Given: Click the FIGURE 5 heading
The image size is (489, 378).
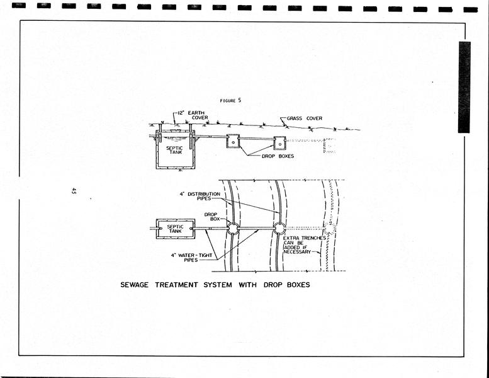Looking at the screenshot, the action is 230,101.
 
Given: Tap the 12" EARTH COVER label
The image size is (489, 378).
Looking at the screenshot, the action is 193,115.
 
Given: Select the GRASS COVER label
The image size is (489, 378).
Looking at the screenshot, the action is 305,118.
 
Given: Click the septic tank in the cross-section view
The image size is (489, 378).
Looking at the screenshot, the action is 176,150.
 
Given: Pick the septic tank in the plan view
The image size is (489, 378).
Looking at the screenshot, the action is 176,229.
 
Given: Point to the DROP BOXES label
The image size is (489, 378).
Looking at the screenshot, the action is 278,156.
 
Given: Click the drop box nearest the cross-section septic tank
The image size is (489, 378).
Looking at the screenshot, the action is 233,141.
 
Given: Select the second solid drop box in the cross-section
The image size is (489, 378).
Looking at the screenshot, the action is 279,143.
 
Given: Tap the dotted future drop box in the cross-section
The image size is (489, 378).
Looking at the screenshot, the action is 330,146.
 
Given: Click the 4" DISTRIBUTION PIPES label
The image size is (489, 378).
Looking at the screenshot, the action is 200,196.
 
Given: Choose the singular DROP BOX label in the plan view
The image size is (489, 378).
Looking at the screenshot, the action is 212,217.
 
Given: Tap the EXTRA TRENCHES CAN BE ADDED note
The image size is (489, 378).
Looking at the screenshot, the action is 304,244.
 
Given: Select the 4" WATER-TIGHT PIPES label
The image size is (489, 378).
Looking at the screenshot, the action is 191,258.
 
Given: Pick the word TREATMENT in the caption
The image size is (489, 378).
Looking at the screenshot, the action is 176,285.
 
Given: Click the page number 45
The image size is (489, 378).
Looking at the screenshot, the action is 74,191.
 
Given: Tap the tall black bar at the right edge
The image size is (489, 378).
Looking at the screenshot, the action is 464,87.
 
